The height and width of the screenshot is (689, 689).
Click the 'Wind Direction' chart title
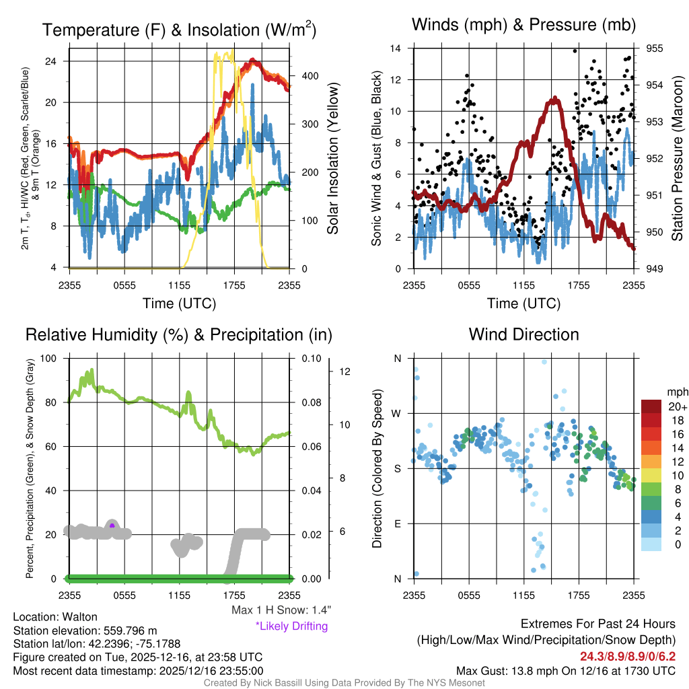pos(523,334)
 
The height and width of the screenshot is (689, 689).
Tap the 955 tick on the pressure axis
pos(655,48)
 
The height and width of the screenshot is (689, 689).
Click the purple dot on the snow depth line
pos(112,525)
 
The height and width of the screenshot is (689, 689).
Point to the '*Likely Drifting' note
pos(291,626)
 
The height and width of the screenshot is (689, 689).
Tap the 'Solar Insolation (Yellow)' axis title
pos(332,159)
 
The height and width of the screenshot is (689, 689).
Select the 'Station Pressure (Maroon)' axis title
pos(677,159)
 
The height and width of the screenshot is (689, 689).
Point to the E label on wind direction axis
pos(397,523)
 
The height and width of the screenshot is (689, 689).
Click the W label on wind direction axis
pos(397,413)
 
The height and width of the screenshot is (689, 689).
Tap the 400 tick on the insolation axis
pos(310,76)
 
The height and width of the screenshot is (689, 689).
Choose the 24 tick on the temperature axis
pos(59,61)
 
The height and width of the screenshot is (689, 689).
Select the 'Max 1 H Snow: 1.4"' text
pos(281,610)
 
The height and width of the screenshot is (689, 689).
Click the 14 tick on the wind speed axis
pos(396,48)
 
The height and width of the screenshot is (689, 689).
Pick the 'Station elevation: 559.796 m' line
pos(85,630)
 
